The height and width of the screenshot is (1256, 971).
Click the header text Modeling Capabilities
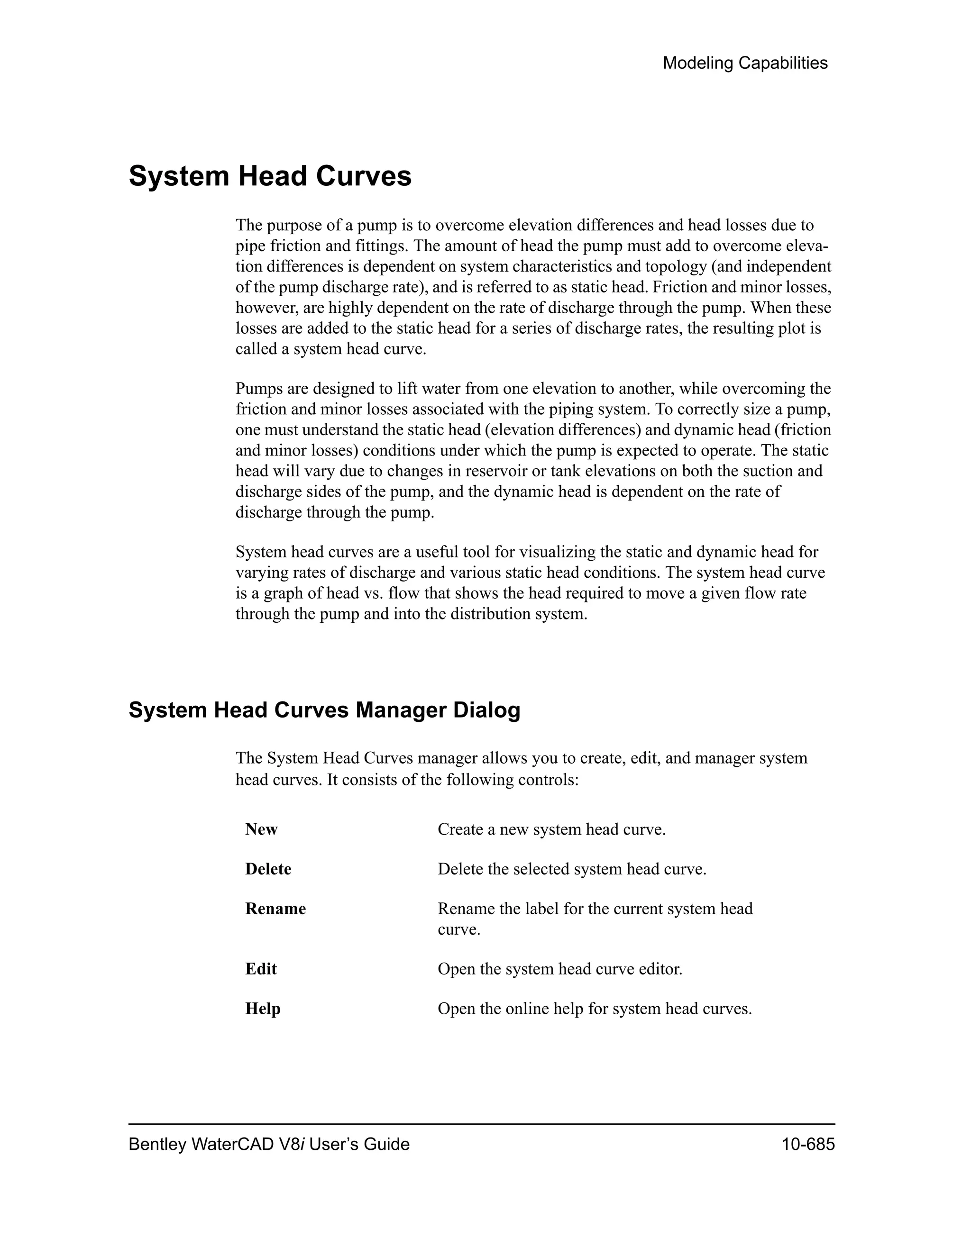744,63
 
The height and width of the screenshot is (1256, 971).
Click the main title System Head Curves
270,176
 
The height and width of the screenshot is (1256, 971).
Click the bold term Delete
268,868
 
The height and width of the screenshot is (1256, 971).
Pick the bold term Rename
275,908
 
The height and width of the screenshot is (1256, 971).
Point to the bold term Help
262,1008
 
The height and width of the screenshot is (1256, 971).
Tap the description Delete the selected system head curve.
572,868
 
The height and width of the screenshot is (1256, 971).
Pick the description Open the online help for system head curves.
594,1008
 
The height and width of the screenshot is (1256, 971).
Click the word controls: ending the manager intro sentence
548,780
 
